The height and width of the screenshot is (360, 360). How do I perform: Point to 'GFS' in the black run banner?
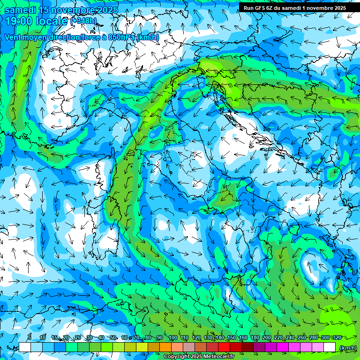[x=261, y=8]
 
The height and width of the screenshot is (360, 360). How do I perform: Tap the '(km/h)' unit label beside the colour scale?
[x=347, y=347]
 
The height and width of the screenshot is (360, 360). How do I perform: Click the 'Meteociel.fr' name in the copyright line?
[x=219, y=357]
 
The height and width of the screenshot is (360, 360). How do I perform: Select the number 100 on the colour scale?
[x=172, y=338]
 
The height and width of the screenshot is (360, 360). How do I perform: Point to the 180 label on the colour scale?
[x=255, y=338]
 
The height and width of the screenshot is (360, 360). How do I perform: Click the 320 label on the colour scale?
[x=336, y=338]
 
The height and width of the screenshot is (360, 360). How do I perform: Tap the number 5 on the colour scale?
[x=30, y=338]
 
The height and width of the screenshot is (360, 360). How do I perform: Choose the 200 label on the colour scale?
[x=266, y=338]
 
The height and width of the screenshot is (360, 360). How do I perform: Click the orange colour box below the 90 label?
[x=165, y=347]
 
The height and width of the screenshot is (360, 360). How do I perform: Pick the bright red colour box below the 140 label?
[x=224, y=347]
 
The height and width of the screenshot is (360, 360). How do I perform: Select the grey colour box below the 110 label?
[x=189, y=347]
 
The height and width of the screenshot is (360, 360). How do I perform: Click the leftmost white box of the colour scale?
[x=25, y=347]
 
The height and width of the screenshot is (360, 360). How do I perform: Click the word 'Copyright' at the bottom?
[x=178, y=357]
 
